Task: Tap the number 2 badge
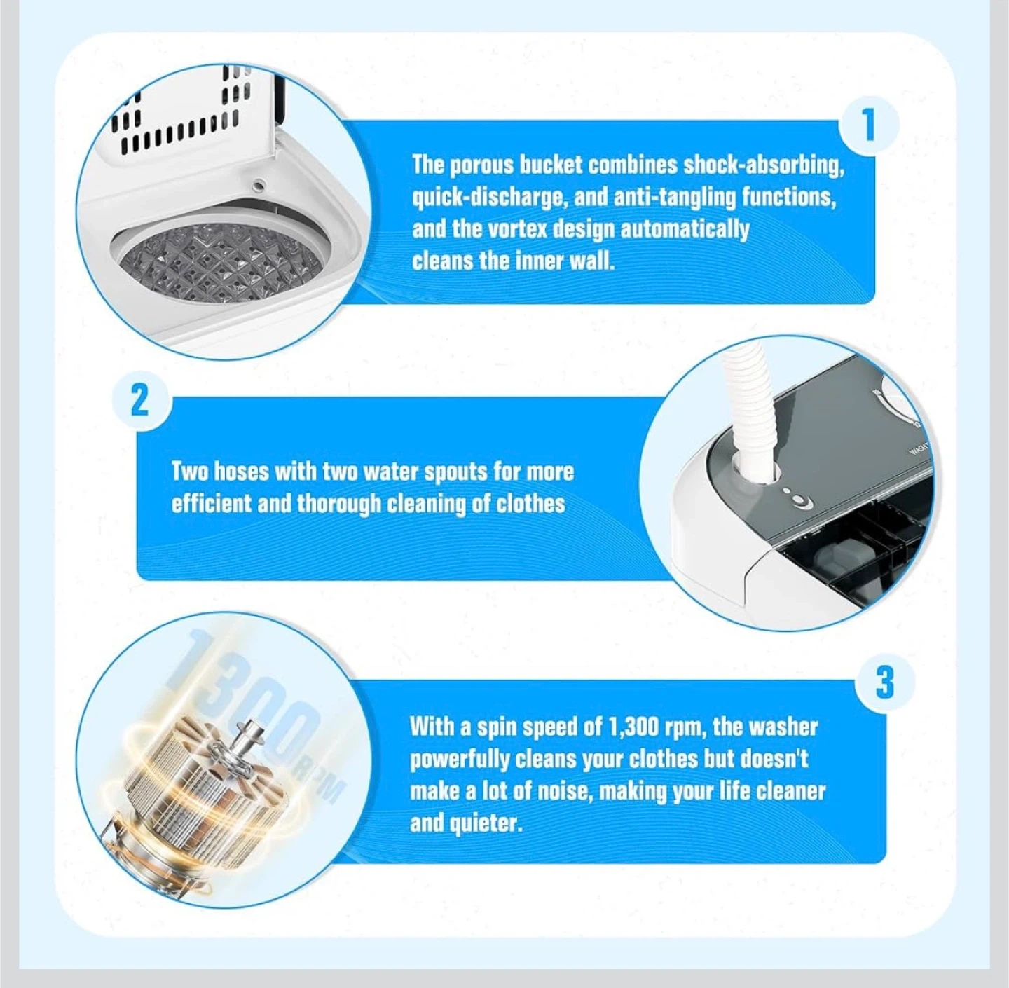pos(139,402)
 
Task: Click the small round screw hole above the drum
pos(257,184)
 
